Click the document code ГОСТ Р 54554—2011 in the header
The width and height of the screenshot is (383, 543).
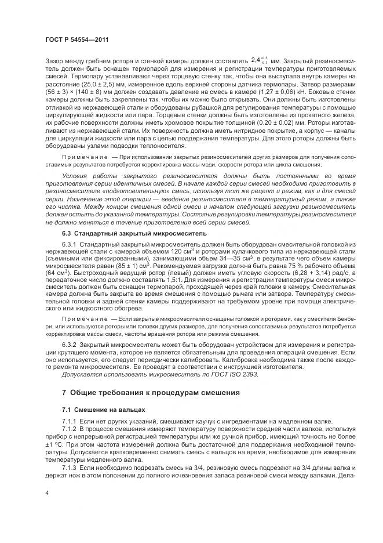pos(76,39)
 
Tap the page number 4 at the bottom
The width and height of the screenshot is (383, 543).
pos(46,493)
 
